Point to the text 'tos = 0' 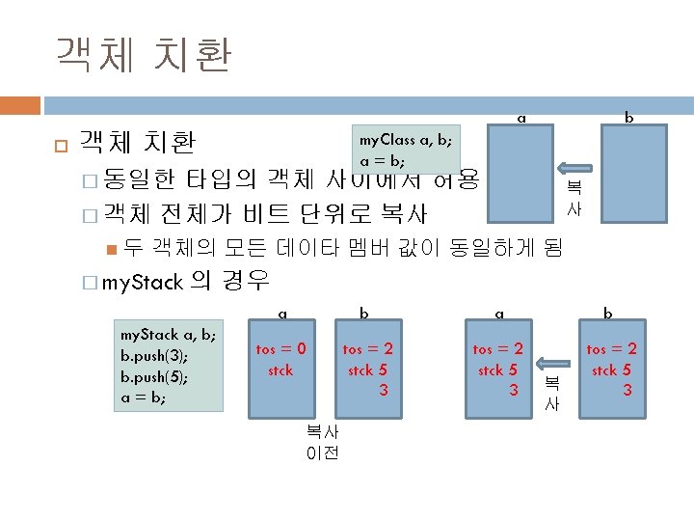click(x=281, y=349)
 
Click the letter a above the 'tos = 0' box click(x=282, y=313)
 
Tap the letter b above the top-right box click(x=628, y=118)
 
